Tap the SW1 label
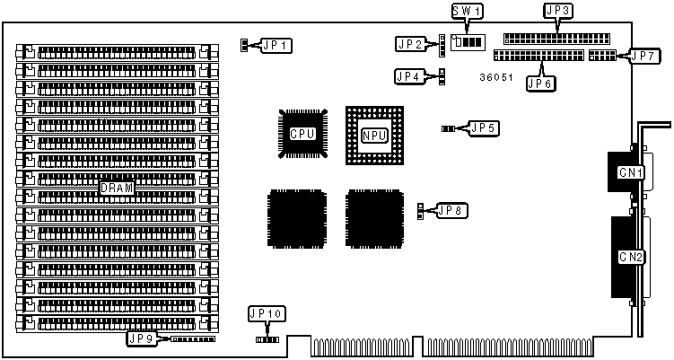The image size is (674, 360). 466,12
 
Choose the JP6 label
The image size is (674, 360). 541,83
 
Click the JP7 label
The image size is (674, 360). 643,56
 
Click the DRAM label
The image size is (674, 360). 117,189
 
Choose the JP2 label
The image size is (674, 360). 410,43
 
